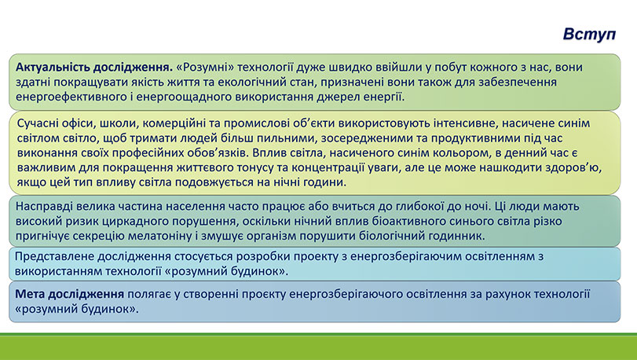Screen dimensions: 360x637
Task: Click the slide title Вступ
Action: [589, 35]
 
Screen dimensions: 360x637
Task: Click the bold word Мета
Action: [32, 292]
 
